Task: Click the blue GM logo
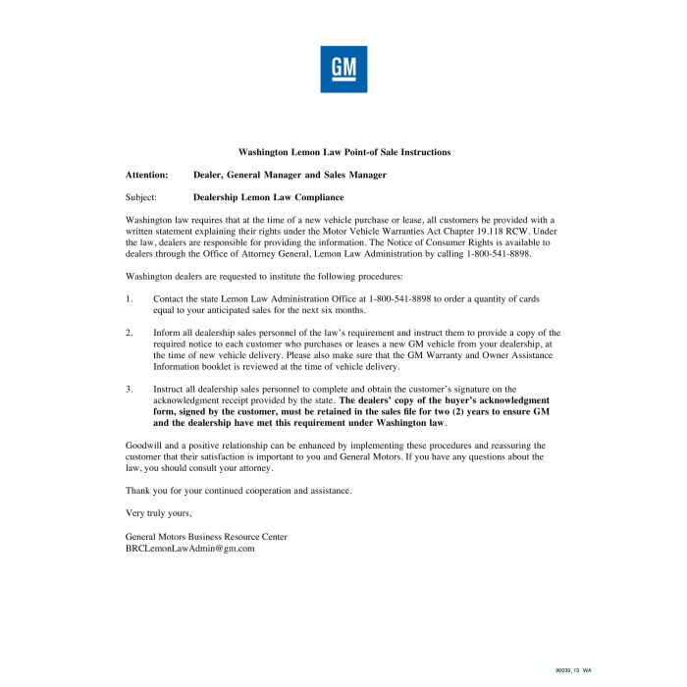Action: tap(343, 70)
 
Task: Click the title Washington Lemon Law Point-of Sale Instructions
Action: tap(344, 152)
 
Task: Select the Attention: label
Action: tap(147, 175)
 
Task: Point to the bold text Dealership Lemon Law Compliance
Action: tap(262, 196)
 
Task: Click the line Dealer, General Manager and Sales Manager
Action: tap(290, 175)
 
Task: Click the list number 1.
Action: tap(129, 297)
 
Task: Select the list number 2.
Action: tap(129, 333)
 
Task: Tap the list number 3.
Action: tap(129, 390)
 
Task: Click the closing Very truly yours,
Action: tap(159, 513)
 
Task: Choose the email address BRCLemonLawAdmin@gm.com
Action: tap(190, 549)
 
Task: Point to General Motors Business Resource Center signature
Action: tap(206, 537)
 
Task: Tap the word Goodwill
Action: tap(145, 446)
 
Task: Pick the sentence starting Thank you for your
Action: tap(238, 490)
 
